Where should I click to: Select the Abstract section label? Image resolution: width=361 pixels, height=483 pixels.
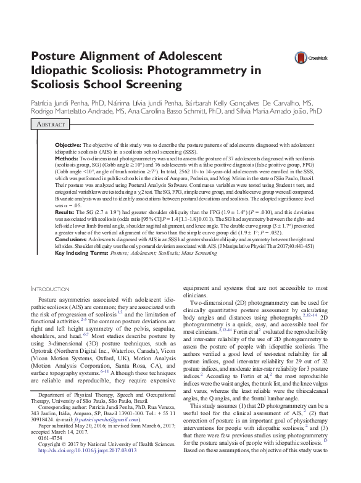click(52, 124)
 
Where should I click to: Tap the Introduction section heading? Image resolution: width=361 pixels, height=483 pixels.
click(51, 289)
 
